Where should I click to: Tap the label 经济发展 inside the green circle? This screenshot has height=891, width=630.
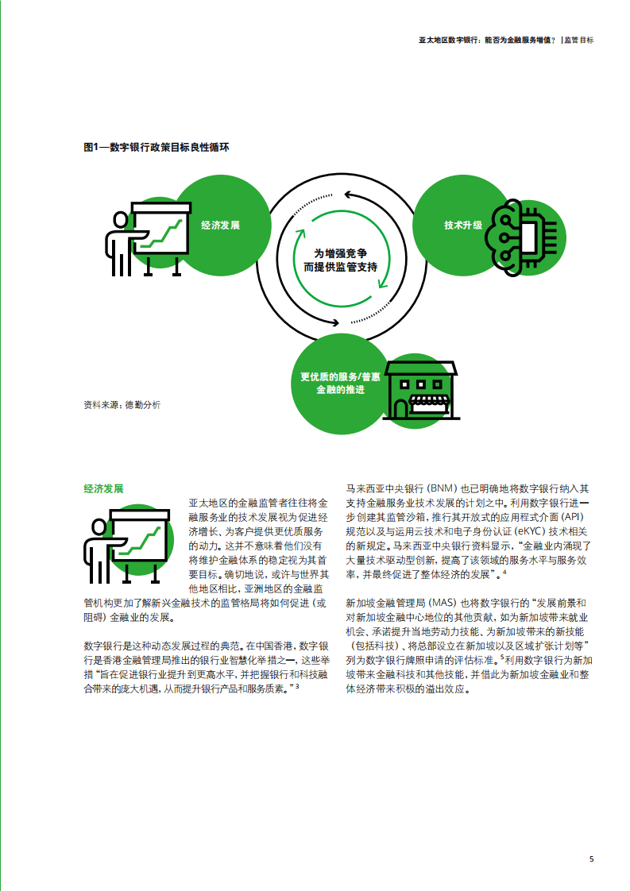[220, 225]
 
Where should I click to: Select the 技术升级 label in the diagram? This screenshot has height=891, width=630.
[463, 225]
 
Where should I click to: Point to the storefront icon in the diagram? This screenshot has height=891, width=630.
[421, 390]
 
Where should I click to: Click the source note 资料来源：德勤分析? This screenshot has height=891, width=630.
[122, 405]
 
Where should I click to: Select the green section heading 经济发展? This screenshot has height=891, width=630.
[103, 488]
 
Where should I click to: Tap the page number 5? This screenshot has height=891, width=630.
[591, 859]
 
